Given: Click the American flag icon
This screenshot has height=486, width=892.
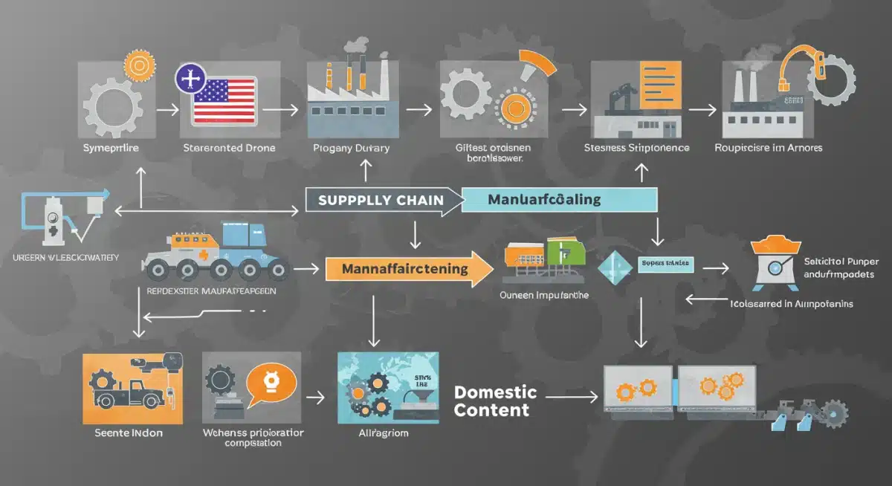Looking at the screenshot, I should (223, 101).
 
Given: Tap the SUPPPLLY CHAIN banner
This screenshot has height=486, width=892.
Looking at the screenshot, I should (381, 200).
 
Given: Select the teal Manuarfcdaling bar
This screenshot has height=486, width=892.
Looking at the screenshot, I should (559, 199).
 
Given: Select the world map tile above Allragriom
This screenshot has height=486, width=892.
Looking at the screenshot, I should (387, 387).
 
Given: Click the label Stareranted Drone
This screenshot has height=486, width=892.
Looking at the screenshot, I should (229, 148).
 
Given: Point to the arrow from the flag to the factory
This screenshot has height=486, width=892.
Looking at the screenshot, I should (278, 109).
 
